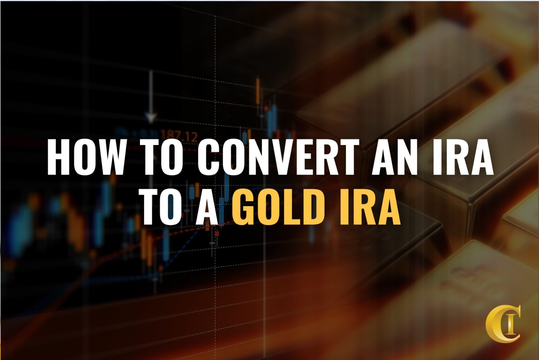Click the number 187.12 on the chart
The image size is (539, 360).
pyautogui.click(x=179, y=136)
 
